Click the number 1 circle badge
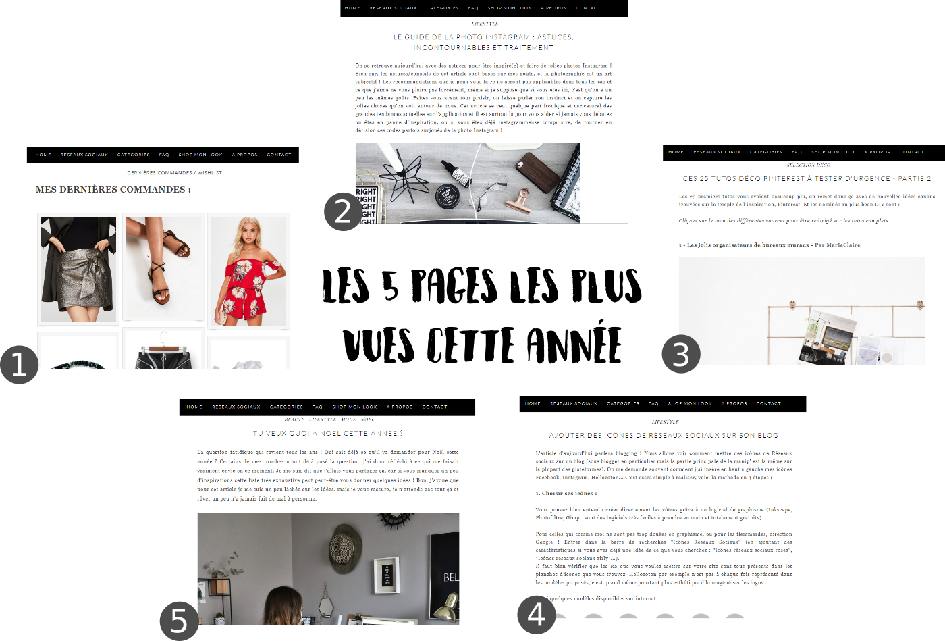pos(19,365)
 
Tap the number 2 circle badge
pos(343,211)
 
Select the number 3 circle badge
pos(681,354)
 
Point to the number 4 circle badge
pos(537,615)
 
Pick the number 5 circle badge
pos(179,621)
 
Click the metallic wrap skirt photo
pos(78,269)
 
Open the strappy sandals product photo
pos(163,266)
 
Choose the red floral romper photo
pos(248,270)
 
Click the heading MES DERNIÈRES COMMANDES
pos(113,190)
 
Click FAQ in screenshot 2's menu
pos(473,8)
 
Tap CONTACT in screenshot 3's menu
pos(911,152)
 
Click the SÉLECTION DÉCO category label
pos(808,165)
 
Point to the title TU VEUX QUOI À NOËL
pos(327,434)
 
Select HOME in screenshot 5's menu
pos(194,407)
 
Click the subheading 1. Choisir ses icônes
pos(566,494)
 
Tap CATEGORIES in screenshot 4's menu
pos(622,403)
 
